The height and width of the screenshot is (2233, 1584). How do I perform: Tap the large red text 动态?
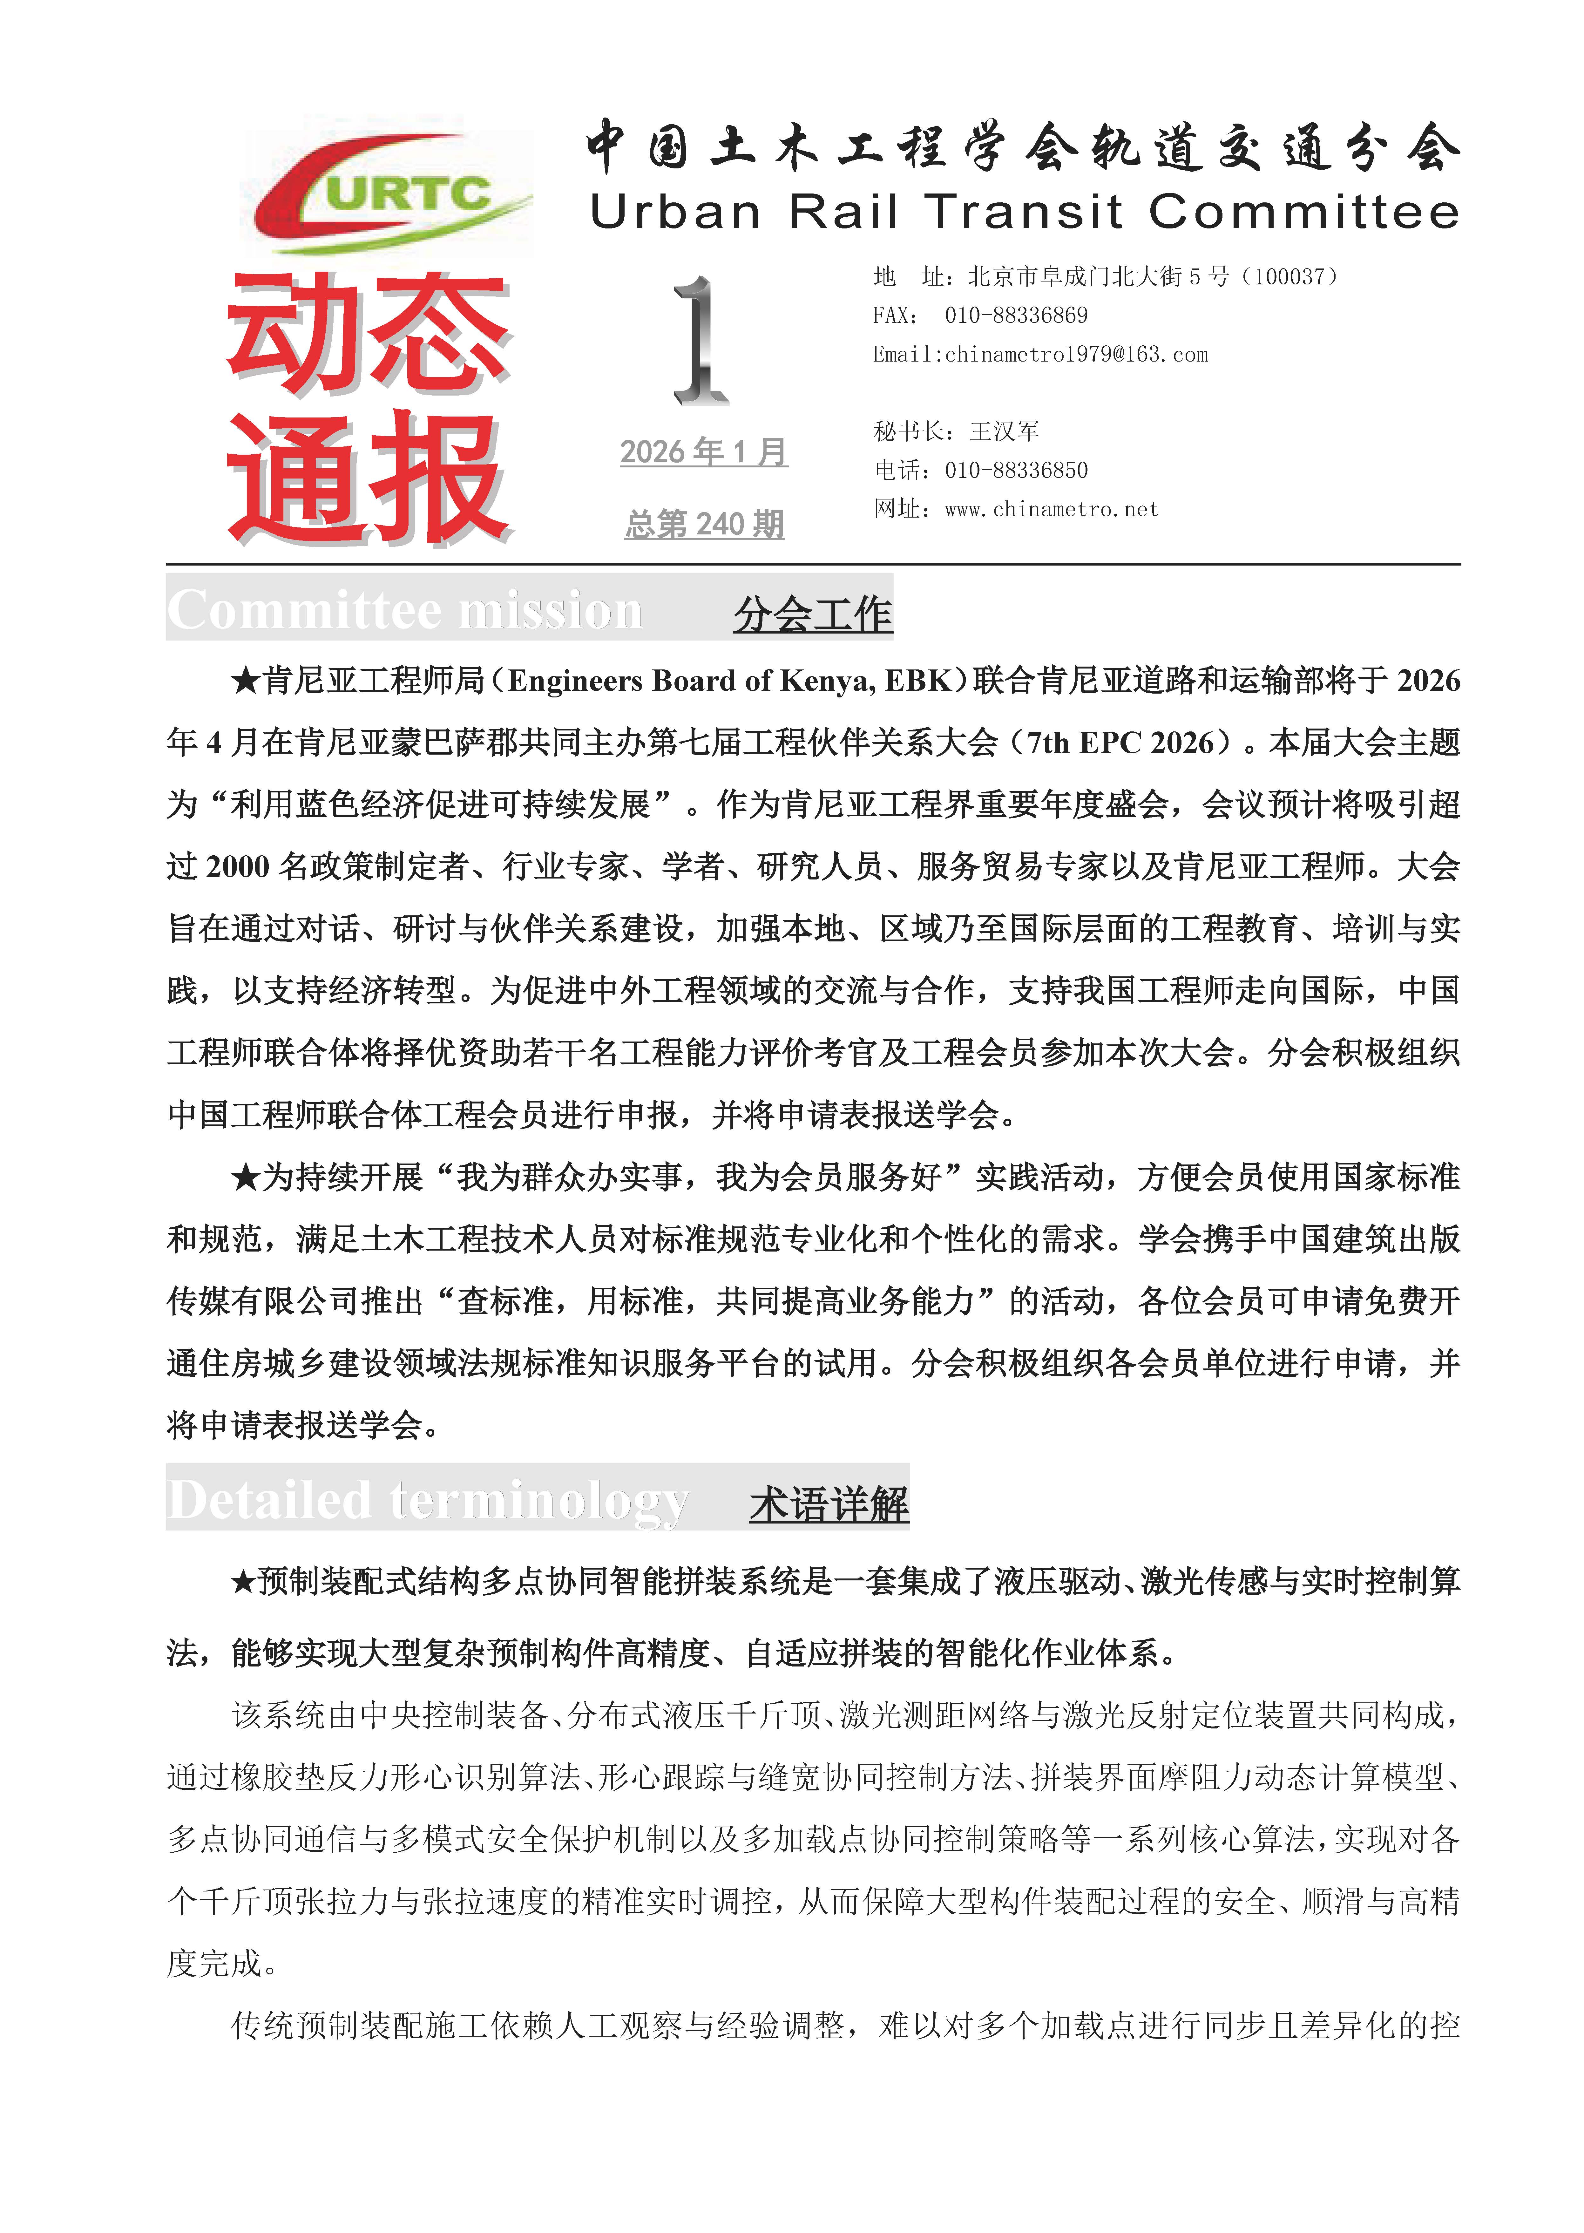369,334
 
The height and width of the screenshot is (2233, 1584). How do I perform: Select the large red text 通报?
369,478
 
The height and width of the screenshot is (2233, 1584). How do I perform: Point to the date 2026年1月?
703,452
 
